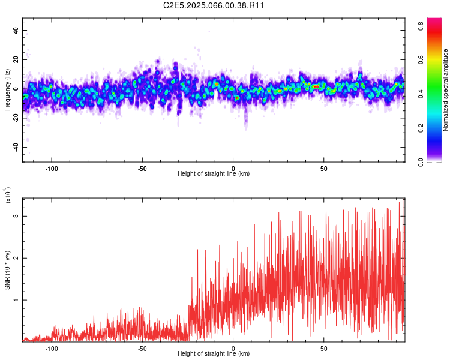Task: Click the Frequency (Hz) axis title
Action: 7,89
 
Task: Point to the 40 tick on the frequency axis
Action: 16,30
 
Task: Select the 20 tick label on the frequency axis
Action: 16,59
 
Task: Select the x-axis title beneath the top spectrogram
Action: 214,174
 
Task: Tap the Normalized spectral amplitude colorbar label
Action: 445,89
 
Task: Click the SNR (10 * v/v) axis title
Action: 7,269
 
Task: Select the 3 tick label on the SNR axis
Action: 17,215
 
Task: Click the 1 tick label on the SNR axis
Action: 17,300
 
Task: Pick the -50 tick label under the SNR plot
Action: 142,348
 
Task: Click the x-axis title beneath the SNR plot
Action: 214,355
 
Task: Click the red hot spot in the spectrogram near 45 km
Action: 316,86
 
